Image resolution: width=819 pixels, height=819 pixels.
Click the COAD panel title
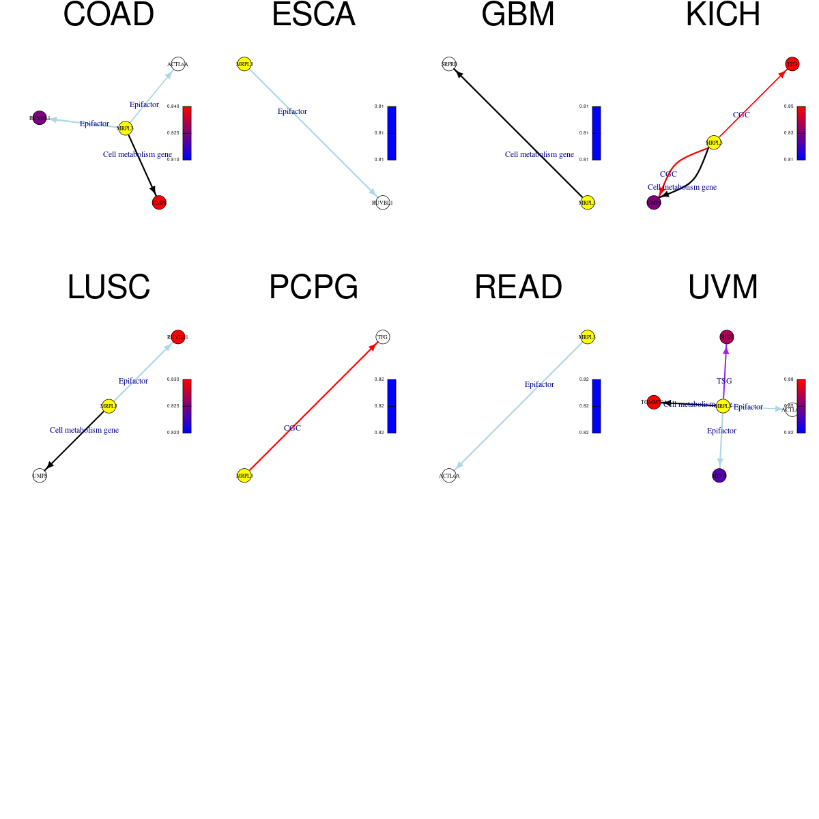coord(109,15)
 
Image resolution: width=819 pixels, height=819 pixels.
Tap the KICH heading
coord(723,15)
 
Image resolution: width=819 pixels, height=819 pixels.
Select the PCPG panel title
coord(313,287)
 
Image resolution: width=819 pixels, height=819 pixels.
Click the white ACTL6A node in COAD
coord(178,64)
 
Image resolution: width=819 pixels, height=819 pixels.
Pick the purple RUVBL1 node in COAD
coord(40,118)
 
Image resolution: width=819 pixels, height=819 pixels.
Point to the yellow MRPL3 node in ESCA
coord(244,64)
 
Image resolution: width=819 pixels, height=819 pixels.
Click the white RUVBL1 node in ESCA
coord(383,203)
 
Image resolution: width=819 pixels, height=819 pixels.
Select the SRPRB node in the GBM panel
coord(449,64)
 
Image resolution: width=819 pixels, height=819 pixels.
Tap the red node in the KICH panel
coord(792,64)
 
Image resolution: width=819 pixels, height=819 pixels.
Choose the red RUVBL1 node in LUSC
coord(178,337)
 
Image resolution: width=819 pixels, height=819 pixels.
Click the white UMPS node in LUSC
coord(40,476)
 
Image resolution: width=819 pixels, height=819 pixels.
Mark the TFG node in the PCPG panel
coord(383,337)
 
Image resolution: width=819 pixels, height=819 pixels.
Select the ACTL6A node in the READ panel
coord(449,476)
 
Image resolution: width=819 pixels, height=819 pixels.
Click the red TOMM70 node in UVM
coord(653,402)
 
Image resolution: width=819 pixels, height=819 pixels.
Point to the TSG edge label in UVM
coord(724,381)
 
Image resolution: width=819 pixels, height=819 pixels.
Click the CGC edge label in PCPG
coord(292,428)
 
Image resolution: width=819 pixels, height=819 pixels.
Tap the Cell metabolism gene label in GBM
coord(539,154)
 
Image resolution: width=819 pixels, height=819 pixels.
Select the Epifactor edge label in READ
coord(539,384)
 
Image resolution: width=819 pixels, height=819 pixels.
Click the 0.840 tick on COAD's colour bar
coord(173,106)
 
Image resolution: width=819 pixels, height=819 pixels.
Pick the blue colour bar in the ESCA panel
coord(392,133)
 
